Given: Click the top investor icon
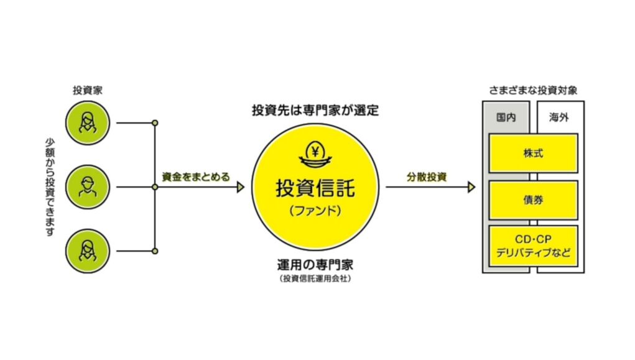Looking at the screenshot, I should tap(90, 122).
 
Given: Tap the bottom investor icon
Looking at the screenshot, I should tap(90, 251).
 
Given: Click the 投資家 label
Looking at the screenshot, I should tap(88, 90).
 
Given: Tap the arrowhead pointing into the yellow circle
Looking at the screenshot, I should tap(241, 187).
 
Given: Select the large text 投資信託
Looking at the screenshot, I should tap(315, 187).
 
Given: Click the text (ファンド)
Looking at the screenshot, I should tap(315, 211).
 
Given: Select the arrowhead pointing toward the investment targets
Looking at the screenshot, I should tap(471, 187).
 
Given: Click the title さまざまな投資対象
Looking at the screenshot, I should tap(533, 90).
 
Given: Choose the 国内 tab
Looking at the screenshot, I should tap(506, 118).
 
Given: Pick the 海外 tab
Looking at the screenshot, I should tap(560, 118).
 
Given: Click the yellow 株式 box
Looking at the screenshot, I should tap(533, 152).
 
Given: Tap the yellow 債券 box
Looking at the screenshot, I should tap(533, 200).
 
